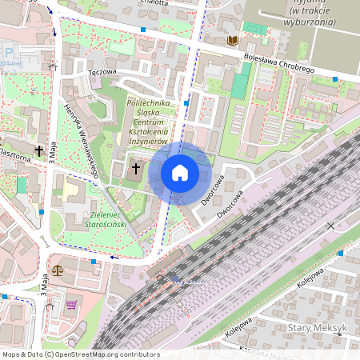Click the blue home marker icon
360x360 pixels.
[180, 173]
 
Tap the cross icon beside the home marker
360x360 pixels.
[136, 169]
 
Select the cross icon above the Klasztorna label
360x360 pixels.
[38, 150]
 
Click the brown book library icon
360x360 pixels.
[233, 40]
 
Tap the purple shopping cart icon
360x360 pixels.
[71, 304]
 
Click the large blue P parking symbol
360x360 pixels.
[8, 54]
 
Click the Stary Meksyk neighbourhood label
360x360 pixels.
[316, 328]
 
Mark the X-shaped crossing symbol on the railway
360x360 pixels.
[330, 226]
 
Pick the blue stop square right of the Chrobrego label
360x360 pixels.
[335, 78]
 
